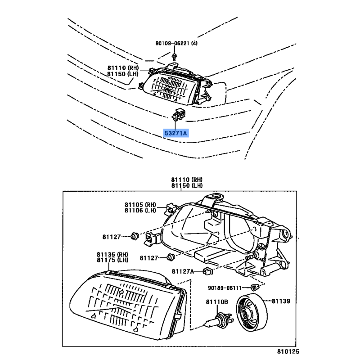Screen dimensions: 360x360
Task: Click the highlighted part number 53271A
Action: pyautogui.click(x=176, y=133)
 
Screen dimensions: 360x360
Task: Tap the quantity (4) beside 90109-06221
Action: pyautogui.click(x=194, y=44)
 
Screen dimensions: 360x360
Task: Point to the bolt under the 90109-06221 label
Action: pyautogui.click(x=174, y=55)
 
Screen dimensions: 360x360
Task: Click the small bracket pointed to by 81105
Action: pyautogui.click(x=170, y=208)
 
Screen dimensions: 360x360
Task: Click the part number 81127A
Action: pyautogui.click(x=182, y=271)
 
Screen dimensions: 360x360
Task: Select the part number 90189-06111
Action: pyautogui.click(x=224, y=288)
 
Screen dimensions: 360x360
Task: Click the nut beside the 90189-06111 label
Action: pyautogui.click(x=254, y=288)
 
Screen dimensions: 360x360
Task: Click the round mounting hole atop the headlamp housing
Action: pyautogui.click(x=217, y=196)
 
